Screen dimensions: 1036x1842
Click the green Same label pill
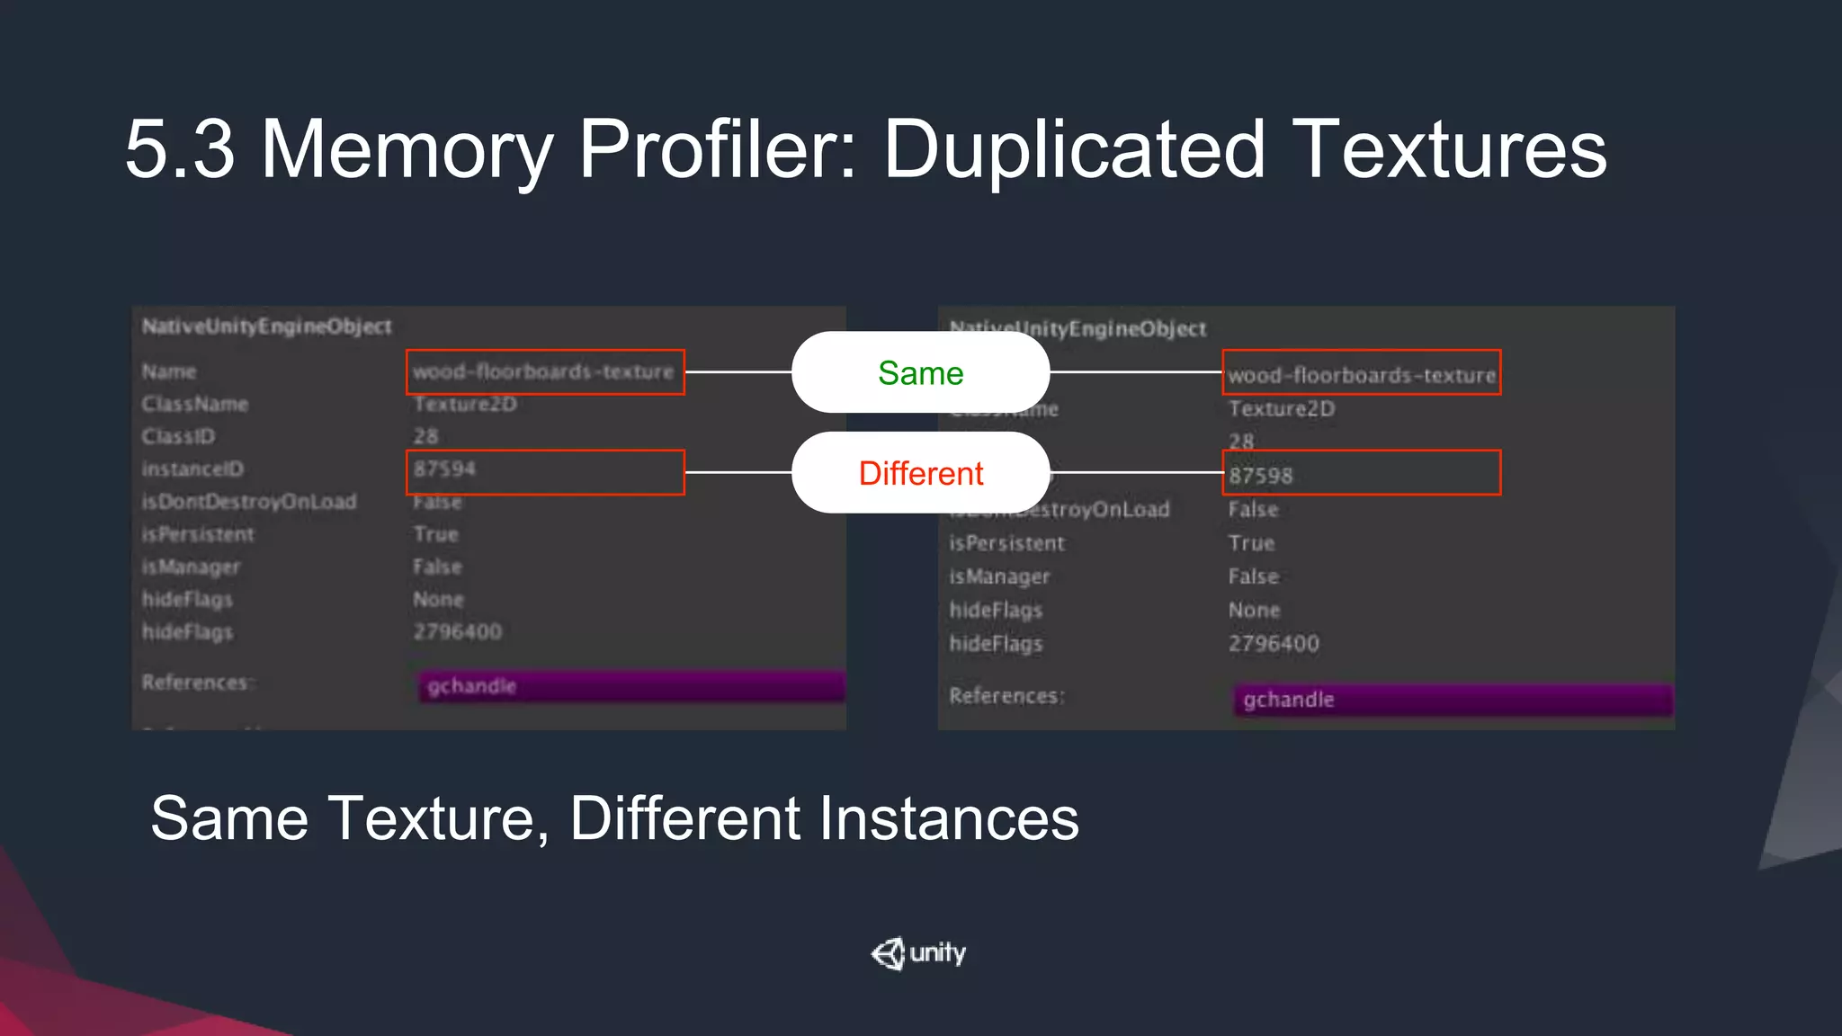pyautogui.click(x=920, y=372)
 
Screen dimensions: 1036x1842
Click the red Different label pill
pyautogui.click(x=920, y=473)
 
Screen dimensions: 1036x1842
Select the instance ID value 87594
pyautogui.click(x=444, y=469)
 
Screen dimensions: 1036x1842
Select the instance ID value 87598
pyautogui.click(x=1260, y=476)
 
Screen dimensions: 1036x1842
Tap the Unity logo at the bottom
pyautogui.click(x=918, y=953)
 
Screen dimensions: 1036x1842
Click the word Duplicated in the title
pyautogui.click(x=1075, y=149)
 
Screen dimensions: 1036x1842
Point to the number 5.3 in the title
pyautogui.click(x=180, y=149)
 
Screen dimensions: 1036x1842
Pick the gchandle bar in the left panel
pyautogui.click(x=630, y=686)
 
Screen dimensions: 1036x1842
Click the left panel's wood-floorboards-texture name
pyautogui.click(x=543, y=371)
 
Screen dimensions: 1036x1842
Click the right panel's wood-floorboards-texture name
pyautogui.click(x=1362, y=375)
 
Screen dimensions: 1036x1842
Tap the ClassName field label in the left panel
pyautogui.click(x=195, y=405)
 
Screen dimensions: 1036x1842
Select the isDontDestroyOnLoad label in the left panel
pyautogui.click(x=249, y=502)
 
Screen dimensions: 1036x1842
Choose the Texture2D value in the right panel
pyautogui.click(x=1282, y=409)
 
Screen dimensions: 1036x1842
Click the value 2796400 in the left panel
pyautogui.click(x=457, y=632)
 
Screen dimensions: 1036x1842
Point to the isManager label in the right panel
pyautogui.click(x=999, y=576)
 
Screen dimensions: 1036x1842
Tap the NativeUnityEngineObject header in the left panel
pyautogui.click(x=266, y=326)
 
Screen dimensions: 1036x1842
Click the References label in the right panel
pyautogui.click(x=1006, y=696)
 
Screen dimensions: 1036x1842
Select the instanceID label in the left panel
pyautogui.click(x=192, y=469)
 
